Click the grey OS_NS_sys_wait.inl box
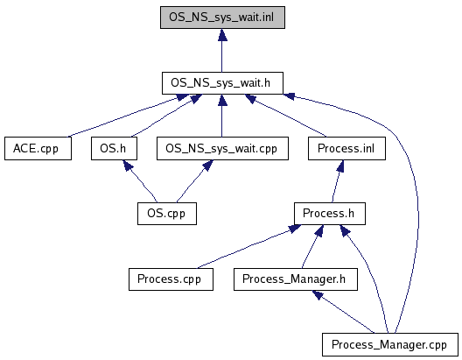tap(222, 18)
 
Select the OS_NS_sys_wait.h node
tap(222, 83)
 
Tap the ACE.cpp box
tap(38, 148)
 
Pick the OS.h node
tap(114, 148)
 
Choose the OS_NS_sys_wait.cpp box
tap(222, 148)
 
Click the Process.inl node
tap(346, 148)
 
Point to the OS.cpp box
tap(167, 214)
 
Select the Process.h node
tap(330, 214)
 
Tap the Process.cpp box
tap(171, 279)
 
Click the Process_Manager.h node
tap(296, 279)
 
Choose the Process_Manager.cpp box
tap(390, 344)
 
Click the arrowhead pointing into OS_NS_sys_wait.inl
tap(222, 34)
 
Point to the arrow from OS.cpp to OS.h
tap(142, 181)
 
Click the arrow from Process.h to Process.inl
tap(337, 181)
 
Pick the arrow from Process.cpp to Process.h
tap(249, 246)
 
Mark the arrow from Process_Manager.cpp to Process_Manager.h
tap(343, 312)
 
